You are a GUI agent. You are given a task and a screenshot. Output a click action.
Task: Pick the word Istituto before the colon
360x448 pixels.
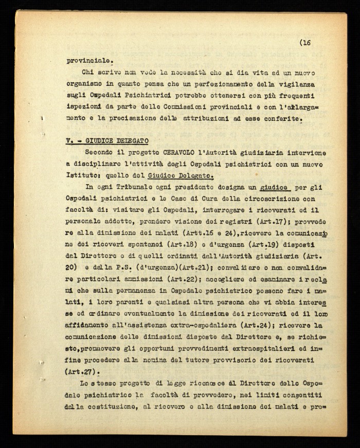coord(85,176)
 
